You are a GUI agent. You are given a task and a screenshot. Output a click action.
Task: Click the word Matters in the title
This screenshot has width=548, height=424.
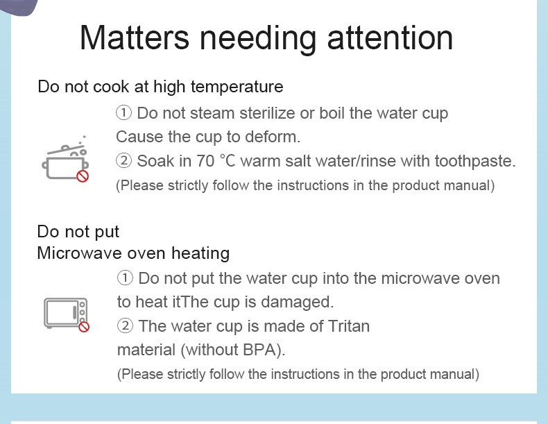coord(135,37)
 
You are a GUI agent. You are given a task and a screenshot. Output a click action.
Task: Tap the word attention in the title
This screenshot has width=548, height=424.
coord(390,37)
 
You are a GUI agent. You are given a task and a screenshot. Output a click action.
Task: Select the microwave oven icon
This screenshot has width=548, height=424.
coord(66,314)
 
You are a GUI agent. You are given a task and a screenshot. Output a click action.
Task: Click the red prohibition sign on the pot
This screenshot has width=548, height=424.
coord(83,176)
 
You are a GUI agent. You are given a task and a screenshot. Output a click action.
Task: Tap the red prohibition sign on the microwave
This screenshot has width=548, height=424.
coord(84,327)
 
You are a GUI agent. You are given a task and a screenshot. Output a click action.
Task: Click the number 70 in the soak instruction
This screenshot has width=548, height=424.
coord(205,161)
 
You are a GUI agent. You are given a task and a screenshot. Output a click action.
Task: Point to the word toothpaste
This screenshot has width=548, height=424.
coord(475,162)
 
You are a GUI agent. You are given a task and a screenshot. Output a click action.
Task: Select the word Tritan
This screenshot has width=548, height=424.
coord(349,326)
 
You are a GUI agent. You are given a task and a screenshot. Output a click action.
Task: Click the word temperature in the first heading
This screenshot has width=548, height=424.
coord(237,87)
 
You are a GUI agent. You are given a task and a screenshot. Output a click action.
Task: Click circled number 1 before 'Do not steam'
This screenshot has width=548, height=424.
coord(123,113)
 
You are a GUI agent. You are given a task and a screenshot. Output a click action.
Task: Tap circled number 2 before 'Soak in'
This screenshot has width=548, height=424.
coord(123,161)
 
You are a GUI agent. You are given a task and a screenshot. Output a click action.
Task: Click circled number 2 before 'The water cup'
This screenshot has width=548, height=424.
coord(125,326)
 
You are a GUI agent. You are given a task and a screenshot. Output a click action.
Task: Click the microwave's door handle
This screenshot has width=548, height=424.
coord(74,312)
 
